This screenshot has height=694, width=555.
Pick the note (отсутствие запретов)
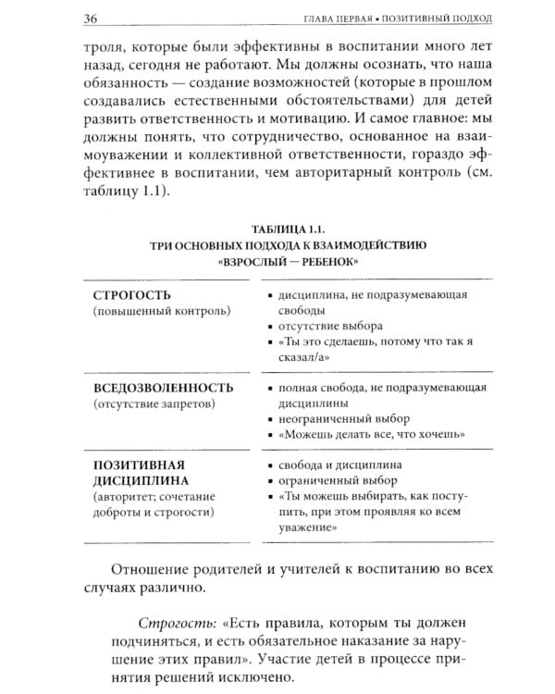click(154, 403)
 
